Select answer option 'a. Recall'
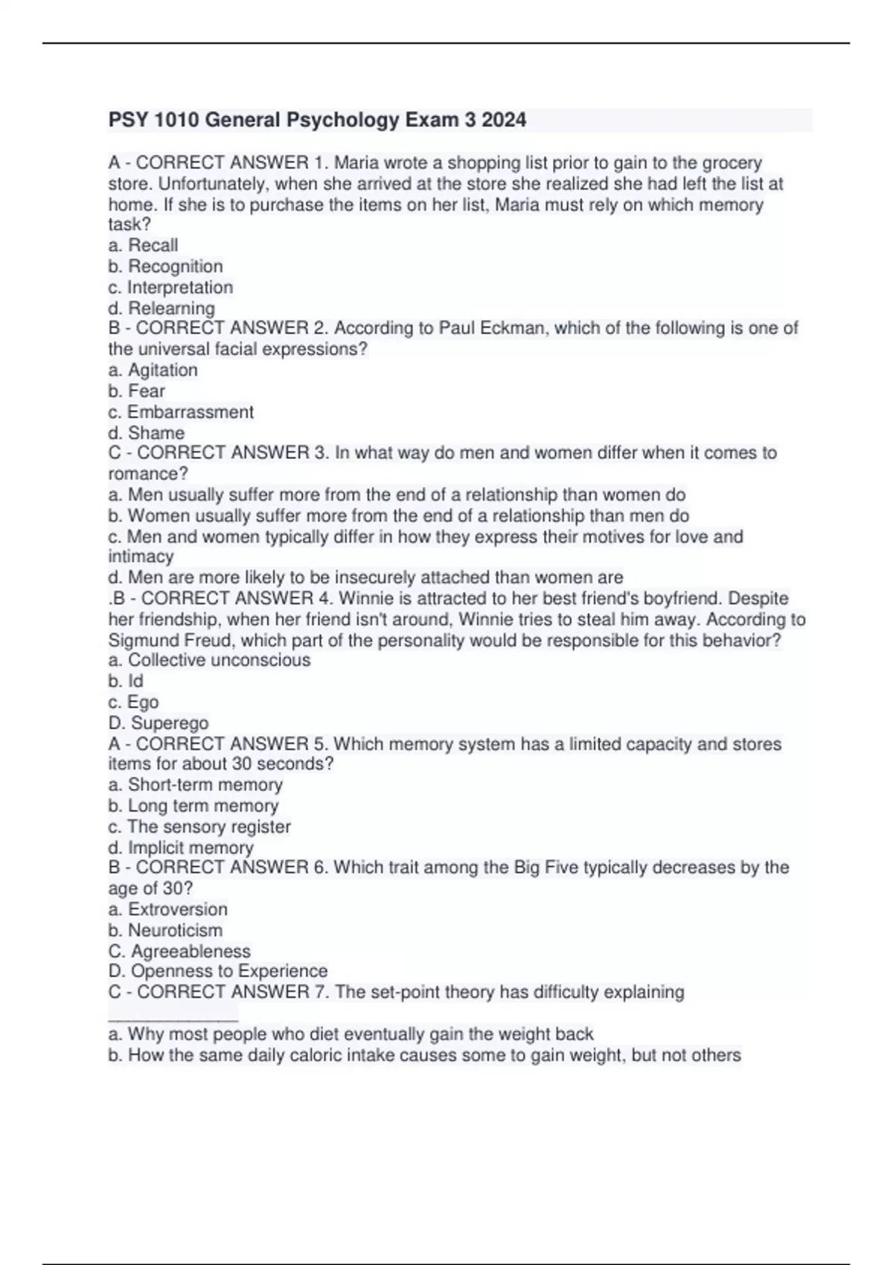[143, 246]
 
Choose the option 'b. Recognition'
[165, 266]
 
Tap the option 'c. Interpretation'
[170, 287]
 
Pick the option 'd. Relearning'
[161, 308]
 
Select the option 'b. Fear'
[137, 391]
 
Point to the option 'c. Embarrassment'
[181, 411]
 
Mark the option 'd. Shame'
[146, 432]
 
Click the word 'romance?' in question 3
[148, 474]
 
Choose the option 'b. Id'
[126, 681]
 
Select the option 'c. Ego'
[133, 702]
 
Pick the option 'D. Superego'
[159, 723]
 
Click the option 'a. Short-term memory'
[195, 784]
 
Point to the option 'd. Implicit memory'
[181, 848]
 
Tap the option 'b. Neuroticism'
[165, 930]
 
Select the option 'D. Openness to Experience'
[218, 971]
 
